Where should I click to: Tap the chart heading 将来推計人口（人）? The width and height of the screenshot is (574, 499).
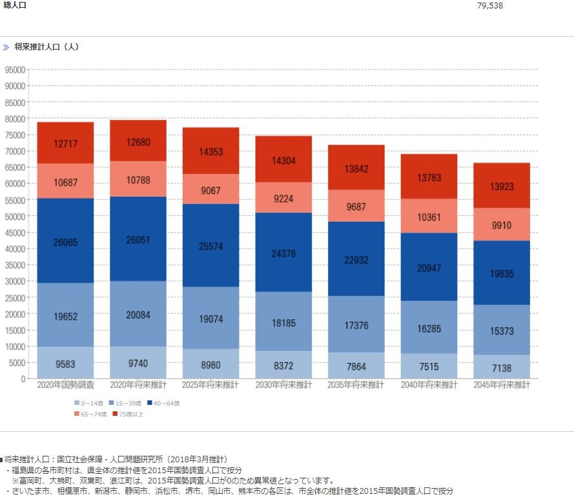46,47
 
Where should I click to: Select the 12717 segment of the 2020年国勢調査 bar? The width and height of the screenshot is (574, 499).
65,143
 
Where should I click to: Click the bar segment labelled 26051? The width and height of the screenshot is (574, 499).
138,239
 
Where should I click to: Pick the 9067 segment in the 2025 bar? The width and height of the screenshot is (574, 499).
211,190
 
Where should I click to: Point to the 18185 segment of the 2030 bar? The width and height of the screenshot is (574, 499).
284,321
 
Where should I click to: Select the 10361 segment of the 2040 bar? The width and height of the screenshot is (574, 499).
429,217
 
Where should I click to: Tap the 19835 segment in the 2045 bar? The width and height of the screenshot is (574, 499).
502,273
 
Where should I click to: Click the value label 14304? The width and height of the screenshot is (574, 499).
284,161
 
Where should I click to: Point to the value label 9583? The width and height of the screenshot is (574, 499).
66,364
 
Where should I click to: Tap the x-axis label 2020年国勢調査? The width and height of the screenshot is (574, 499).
66,386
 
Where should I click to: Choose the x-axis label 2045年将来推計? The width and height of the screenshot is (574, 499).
502,386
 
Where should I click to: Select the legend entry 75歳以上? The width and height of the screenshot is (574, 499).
128,414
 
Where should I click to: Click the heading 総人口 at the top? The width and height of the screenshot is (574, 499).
15,5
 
